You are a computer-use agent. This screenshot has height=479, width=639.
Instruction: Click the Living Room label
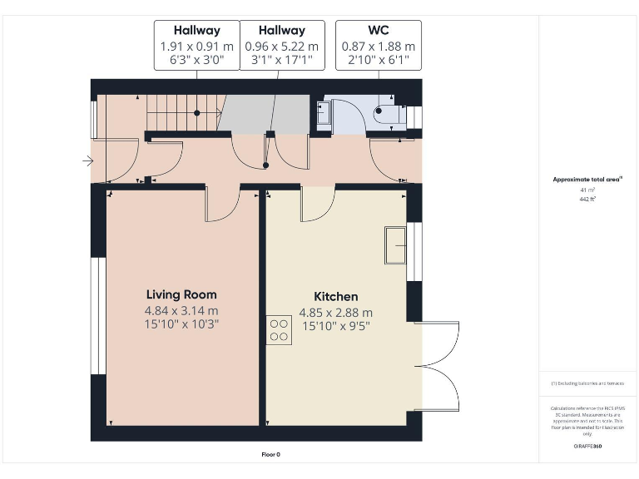click(181, 294)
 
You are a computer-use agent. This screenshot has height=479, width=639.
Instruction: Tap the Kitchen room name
click(335, 297)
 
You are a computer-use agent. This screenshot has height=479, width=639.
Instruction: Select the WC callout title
click(378, 31)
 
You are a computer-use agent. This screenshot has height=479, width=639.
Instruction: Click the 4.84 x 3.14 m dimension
click(181, 310)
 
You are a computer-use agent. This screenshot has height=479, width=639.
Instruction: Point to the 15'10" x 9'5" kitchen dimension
click(335, 326)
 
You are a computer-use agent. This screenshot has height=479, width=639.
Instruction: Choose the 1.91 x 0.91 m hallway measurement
click(197, 47)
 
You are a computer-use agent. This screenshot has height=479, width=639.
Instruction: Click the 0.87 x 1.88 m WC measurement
click(378, 47)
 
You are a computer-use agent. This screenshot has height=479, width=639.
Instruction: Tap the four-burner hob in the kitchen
click(280, 330)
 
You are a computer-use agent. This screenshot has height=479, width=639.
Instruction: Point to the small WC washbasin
click(324, 113)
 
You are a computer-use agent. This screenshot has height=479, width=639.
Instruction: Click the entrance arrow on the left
click(88, 161)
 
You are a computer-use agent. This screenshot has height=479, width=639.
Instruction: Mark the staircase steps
click(181, 112)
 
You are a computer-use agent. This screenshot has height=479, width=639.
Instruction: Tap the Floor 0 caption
click(271, 455)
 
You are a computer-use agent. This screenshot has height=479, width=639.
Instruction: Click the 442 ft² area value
click(588, 200)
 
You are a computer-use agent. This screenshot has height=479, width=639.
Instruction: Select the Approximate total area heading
click(587, 180)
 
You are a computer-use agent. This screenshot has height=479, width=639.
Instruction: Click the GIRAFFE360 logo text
click(587, 447)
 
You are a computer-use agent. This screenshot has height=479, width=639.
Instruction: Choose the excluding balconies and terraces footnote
click(587, 383)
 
